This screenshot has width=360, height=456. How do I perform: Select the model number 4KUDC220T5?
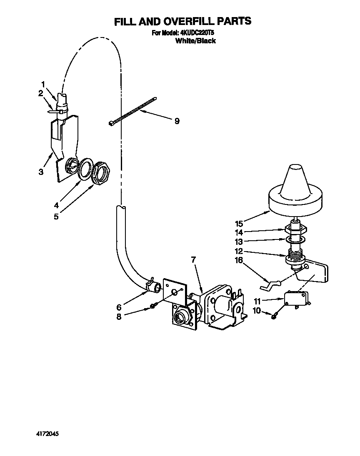(197, 33)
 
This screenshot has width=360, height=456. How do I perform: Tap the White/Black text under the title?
(195, 41)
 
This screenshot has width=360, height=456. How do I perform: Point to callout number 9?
(177, 121)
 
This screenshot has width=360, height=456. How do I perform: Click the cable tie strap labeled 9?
(132, 111)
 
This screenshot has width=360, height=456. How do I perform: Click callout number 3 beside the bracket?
(41, 172)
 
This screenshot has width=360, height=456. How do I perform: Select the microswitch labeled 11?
(296, 299)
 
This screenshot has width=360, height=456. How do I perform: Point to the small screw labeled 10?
(275, 317)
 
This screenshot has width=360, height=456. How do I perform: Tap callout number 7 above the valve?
(193, 260)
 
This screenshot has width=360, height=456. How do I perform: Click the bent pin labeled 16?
(269, 285)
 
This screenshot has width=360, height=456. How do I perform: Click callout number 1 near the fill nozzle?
(43, 84)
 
